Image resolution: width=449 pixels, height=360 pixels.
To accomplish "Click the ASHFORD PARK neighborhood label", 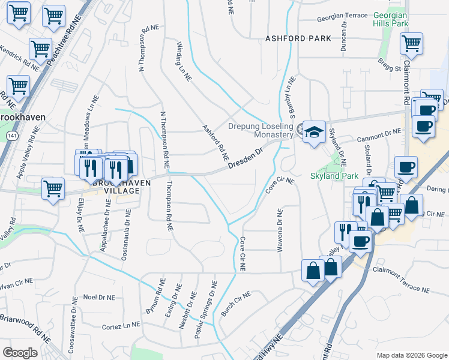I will click(x=298, y=38).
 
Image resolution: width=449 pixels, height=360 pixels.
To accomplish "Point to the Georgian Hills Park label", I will click(x=390, y=19).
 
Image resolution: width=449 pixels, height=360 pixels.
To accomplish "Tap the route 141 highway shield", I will click(x=12, y=137).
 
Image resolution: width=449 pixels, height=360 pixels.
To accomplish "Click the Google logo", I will click(x=20, y=353).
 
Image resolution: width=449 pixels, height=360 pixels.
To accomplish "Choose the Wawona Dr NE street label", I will click(x=280, y=231).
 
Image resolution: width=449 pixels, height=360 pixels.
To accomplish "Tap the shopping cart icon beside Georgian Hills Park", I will click(x=412, y=43).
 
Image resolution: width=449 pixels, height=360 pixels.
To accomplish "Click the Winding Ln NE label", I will click(x=184, y=61).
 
